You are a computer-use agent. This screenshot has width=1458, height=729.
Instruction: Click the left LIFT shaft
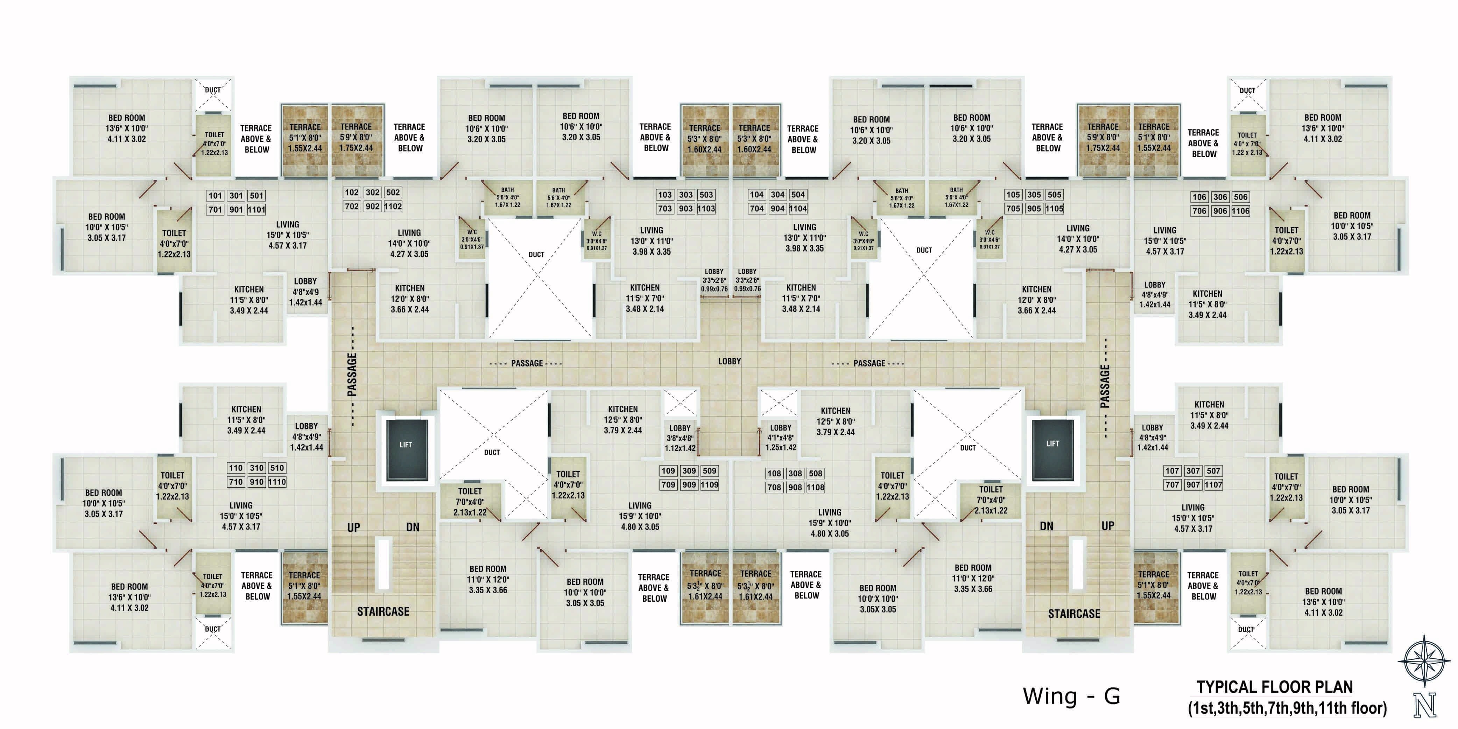pyautogui.click(x=406, y=450)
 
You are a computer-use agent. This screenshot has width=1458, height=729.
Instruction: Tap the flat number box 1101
pyautogui.click(x=256, y=210)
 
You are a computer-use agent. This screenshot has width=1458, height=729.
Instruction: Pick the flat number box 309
pyautogui.click(x=689, y=471)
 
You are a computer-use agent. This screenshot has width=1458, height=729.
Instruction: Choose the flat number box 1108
pyautogui.click(x=816, y=487)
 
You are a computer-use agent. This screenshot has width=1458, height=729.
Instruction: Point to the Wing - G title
pyautogui.click(x=1071, y=696)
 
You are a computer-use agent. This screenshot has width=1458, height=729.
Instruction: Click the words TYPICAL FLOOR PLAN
pyautogui.click(x=1274, y=687)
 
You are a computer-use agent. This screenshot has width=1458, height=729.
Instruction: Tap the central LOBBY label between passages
pyautogui.click(x=729, y=361)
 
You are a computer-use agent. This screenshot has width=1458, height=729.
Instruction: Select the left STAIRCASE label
pyautogui.click(x=383, y=611)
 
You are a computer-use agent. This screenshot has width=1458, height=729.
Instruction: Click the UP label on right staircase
pyautogui.click(x=1108, y=526)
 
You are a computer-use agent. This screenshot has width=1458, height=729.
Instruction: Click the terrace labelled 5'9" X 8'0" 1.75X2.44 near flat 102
pyautogui.click(x=356, y=137)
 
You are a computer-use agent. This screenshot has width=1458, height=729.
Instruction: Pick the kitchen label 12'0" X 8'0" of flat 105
pyautogui.click(x=1036, y=299)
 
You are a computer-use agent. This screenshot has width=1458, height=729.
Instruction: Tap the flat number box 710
pyautogui.click(x=236, y=482)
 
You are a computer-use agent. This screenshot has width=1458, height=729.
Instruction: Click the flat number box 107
pyautogui.click(x=1172, y=471)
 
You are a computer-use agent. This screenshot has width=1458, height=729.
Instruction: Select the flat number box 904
pyautogui.click(x=778, y=208)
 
